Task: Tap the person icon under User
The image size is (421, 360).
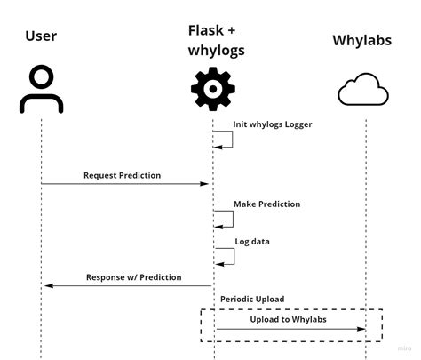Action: pos(41,90)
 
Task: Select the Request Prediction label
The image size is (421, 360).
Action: pos(122,175)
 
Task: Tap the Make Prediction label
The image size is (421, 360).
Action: pos(266,204)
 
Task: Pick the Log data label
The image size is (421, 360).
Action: pos(252,241)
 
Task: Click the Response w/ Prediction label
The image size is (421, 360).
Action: pos(133,277)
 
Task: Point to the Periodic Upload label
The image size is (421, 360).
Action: pos(252,300)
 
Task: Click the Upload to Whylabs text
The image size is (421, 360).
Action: pos(288,317)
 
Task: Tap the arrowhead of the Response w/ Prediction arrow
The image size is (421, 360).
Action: pos(48,285)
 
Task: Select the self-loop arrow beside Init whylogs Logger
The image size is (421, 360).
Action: pos(227,139)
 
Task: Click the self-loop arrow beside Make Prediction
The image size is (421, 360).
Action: pos(227,219)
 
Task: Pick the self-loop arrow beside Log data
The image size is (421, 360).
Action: pos(227,256)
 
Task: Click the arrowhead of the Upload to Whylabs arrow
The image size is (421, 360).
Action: pos(361,329)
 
